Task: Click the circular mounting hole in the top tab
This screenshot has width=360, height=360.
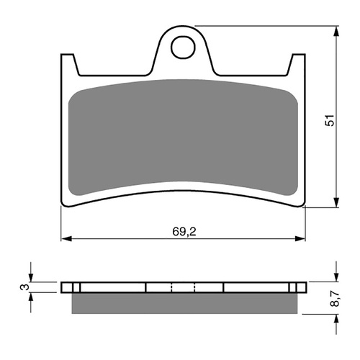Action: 183,48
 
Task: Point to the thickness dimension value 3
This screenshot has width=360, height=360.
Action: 24,288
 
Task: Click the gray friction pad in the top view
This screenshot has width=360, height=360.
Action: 183,137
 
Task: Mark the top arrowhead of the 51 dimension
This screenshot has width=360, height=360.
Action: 337,32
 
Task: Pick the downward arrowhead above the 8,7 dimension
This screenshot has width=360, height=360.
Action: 337,277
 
